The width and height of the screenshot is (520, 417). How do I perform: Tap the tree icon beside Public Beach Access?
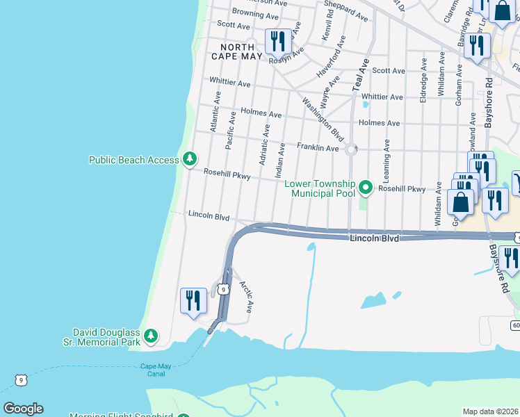click(x=189, y=160)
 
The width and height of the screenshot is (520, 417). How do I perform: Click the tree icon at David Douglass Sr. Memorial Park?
click(x=151, y=338)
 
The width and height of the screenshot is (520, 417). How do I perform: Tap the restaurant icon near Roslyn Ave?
click(x=277, y=41)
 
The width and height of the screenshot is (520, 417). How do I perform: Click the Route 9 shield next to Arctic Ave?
click(x=222, y=289)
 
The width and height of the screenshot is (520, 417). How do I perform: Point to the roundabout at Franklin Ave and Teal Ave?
click(x=351, y=148)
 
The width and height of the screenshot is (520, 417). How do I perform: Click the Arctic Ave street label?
click(x=246, y=296)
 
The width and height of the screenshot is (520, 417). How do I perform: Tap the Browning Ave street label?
click(x=250, y=13)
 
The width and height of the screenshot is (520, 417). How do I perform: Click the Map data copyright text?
click(x=490, y=411)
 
